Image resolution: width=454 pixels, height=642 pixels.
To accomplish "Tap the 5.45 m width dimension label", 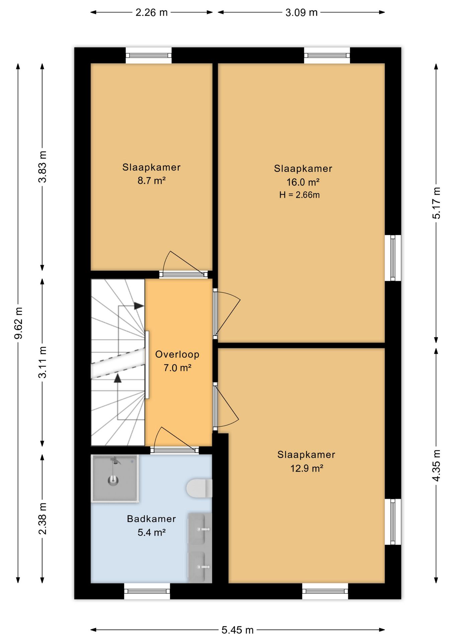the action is [x=237, y=630].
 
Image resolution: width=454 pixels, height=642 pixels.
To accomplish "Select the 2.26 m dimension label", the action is [x=151, y=12].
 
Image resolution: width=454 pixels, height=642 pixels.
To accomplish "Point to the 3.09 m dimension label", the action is [x=301, y=12].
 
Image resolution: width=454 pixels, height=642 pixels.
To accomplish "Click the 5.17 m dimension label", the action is [x=436, y=203].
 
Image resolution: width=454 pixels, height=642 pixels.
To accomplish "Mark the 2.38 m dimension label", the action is [x=42, y=519].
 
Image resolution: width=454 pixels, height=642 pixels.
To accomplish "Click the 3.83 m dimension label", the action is [x=42, y=167].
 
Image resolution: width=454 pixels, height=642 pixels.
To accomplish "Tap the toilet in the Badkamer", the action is [x=199, y=489].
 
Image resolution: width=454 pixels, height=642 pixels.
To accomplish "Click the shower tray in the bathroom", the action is [x=115, y=478].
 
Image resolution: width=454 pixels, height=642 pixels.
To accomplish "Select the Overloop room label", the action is [x=177, y=354].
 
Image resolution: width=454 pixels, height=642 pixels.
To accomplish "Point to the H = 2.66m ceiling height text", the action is [x=300, y=195].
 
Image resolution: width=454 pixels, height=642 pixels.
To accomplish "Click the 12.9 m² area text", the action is [x=307, y=468].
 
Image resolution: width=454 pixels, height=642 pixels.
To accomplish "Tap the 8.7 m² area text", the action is [x=152, y=181].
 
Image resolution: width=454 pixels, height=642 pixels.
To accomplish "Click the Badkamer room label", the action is [x=151, y=519].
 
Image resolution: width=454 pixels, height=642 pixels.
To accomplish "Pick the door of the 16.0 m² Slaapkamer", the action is [x=227, y=314].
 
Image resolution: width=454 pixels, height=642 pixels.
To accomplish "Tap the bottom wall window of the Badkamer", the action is [x=147, y=591].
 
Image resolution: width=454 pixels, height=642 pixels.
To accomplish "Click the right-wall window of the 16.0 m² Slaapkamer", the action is [x=393, y=258].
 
